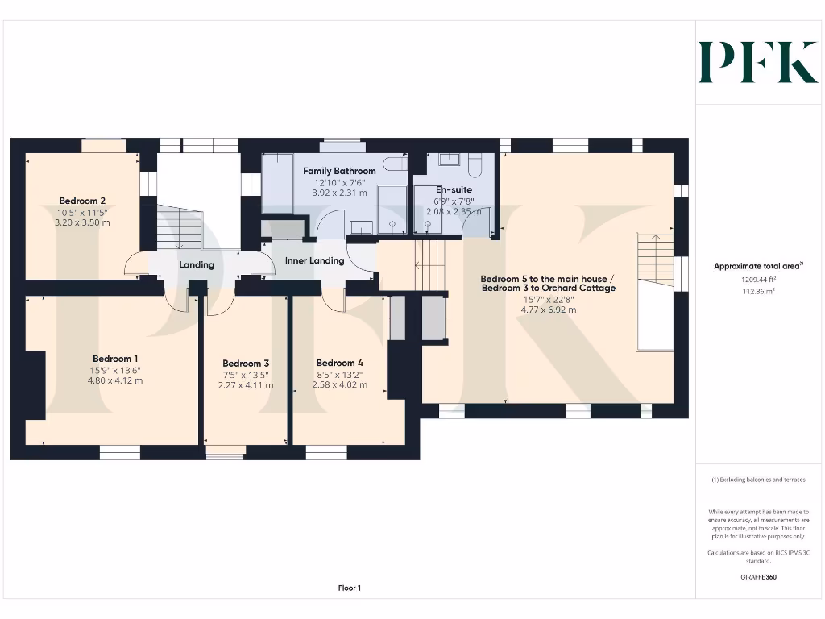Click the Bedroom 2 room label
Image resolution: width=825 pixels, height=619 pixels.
point(82,201)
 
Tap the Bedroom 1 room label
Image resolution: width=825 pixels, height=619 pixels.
point(115,359)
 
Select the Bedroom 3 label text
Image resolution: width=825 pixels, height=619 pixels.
point(246,364)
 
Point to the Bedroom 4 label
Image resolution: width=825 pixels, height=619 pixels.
point(339,363)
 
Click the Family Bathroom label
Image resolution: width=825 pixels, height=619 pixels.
point(339,171)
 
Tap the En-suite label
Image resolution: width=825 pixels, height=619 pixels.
point(454,189)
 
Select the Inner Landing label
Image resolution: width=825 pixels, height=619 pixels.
point(314,261)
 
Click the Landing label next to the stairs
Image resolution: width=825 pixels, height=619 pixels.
point(197,264)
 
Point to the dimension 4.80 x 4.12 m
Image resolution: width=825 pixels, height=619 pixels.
point(115,380)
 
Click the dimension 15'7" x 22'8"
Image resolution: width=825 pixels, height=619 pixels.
point(548,299)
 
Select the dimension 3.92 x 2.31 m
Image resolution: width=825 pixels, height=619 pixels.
point(339,193)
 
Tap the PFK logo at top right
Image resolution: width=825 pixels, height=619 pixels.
point(757,62)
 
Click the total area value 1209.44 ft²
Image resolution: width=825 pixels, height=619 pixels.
point(758,280)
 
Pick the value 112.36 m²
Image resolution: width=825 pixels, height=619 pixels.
point(758,292)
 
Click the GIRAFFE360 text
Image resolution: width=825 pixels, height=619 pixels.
point(758,577)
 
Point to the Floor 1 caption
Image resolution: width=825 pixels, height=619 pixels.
point(350,588)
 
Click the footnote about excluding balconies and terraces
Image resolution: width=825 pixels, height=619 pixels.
point(758,480)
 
